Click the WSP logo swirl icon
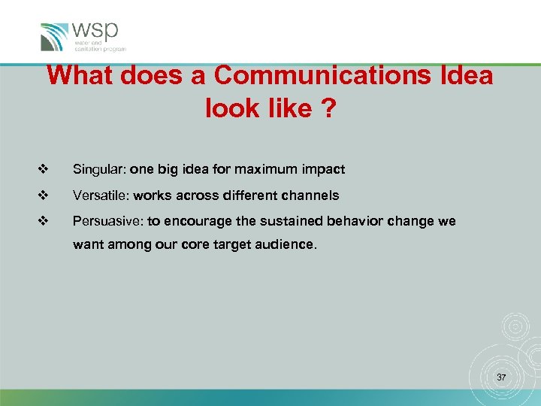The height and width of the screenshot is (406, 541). click(55, 36)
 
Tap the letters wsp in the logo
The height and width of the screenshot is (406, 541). click(95, 32)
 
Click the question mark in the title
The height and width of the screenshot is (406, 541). click(328, 108)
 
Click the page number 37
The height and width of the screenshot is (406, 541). click(501, 376)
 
